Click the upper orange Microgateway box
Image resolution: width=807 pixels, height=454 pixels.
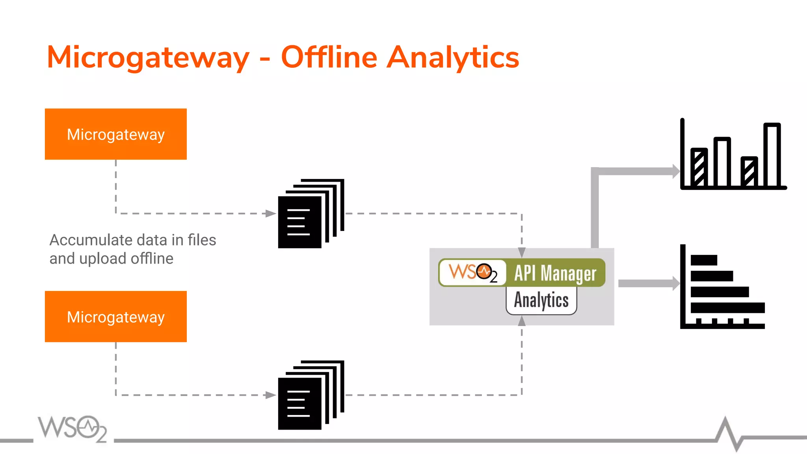pyautogui.click(x=115, y=134)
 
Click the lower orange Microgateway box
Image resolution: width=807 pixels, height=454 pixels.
pyautogui.click(x=115, y=316)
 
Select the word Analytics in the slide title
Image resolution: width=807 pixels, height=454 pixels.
pyautogui.click(x=453, y=58)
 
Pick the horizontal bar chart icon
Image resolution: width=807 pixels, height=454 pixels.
pyautogui.click(x=723, y=287)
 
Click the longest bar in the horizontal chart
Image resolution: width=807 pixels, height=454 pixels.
pyautogui.click(x=727, y=308)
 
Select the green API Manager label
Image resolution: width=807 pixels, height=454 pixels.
pyautogui.click(x=556, y=273)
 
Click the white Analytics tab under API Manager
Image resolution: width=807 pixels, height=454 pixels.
pyautogui.click(x=541, y=300)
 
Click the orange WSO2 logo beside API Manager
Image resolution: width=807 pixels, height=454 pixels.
pyautogui.click(x=472, y=272)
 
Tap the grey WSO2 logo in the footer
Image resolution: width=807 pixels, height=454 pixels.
pyautogui.click(x=72, y=428)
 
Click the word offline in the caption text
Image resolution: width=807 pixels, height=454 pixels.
pyautogui.click(x=152, y=259)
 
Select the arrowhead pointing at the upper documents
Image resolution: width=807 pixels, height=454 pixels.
pyautogui.click(x=271, y=214)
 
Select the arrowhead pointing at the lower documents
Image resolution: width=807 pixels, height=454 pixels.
pyautogui.click(x=271, y=395)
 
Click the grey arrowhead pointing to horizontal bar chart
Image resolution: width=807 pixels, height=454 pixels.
pyautogui.click(x=676, y=283)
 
